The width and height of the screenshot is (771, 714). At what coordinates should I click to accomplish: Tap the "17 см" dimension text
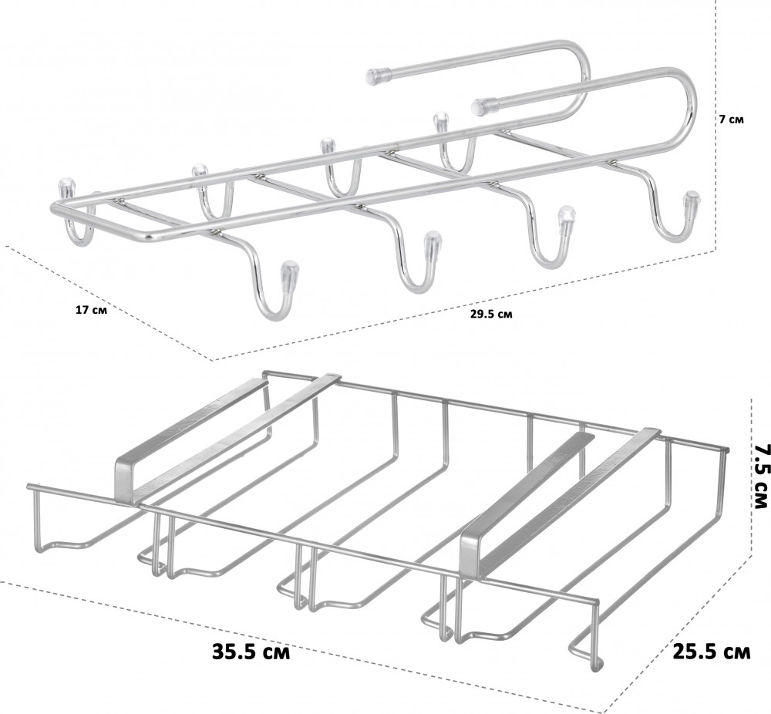coord(91,310)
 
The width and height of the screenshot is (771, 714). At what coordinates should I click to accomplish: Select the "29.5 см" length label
coord(490,314)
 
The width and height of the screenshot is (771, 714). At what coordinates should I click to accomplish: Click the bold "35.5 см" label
coord(251,652)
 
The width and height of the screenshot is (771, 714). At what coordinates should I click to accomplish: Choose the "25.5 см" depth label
coord(711,652)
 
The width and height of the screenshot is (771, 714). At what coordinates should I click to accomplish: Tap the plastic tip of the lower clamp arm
coord(480,106)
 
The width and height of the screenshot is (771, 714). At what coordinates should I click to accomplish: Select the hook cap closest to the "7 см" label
coord(692,204)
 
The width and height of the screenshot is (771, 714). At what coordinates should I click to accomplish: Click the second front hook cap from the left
coord(433,244)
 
